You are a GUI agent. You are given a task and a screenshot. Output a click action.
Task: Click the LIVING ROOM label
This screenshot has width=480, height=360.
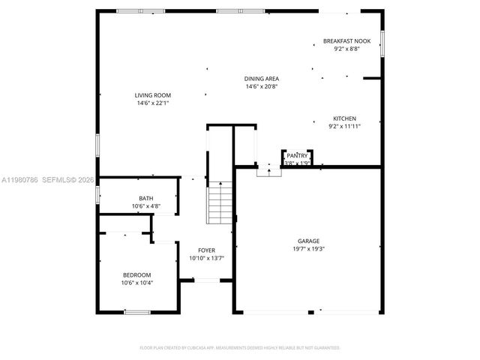tap(152, 95)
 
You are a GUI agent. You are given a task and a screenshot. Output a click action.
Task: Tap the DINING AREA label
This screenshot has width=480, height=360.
tap(262, 79)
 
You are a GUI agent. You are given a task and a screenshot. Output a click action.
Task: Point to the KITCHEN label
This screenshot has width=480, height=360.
tap(344, 118)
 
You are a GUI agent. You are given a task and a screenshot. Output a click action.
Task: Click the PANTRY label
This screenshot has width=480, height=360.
tap(297, 156)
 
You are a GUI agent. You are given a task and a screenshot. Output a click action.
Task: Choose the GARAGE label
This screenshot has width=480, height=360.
tap(308, 241)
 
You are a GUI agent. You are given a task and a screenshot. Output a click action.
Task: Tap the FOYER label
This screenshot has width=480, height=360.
tap(206, 250)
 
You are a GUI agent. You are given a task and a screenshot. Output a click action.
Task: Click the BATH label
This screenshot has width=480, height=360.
tap(145, 199)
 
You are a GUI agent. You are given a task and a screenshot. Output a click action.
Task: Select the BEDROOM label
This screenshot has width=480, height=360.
tap(137, 274)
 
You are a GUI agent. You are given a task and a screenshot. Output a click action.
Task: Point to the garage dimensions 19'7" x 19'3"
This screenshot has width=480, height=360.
tap(308, 249)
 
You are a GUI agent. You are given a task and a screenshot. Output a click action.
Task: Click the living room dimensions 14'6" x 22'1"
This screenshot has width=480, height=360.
tap(152, 103)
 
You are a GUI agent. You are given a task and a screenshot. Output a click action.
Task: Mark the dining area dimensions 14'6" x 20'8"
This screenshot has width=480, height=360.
tap(262, 86)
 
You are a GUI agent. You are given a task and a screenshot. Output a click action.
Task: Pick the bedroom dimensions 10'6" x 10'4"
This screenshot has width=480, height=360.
tap(137, 282)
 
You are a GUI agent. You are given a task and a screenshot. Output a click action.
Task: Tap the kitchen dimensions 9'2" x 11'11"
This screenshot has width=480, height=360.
tap(344, 126)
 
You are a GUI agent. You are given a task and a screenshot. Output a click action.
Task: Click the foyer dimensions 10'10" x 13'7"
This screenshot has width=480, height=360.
tap(206, 258)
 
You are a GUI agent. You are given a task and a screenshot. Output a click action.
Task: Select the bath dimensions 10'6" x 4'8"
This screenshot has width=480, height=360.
tap(145, 206)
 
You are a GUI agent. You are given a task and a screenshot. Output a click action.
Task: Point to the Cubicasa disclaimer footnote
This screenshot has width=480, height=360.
tap(240, 348)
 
